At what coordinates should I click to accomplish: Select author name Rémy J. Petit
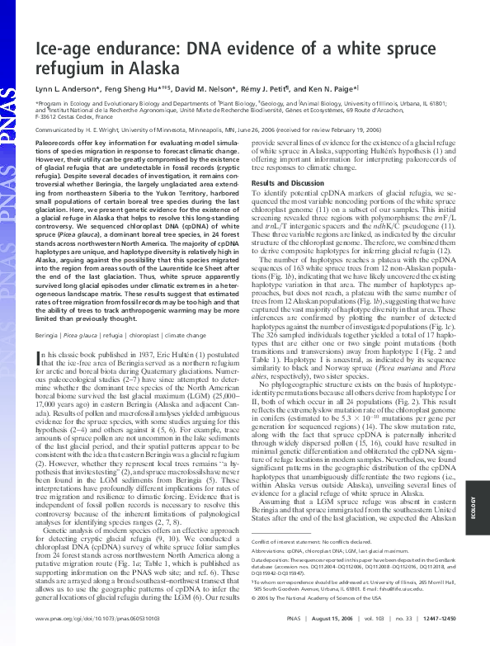click(x=268, y=87)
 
